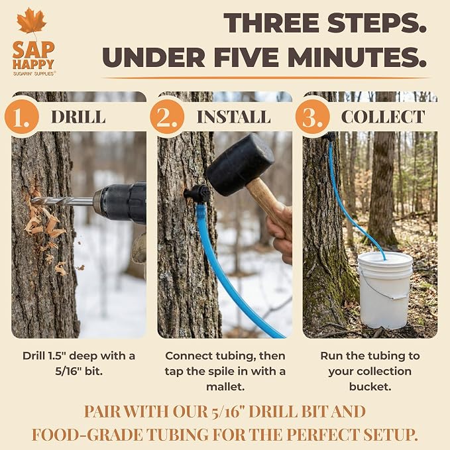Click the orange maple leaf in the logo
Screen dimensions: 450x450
coord(32,21)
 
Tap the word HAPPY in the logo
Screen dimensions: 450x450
coord(33,64)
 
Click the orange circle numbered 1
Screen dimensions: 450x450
coord(22,117)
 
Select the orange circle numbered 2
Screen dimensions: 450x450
coord(167,117)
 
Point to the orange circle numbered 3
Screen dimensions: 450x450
coord(313,117)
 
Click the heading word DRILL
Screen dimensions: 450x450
coord(78,117)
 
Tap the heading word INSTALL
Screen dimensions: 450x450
coord(233,117)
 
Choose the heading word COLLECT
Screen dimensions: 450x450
coord(383,117)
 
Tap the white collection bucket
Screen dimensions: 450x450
coord(385,290)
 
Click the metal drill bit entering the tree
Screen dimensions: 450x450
coord(62,201)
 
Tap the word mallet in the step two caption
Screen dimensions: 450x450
coord(225,387)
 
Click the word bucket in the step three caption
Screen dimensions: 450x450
coord(370,387)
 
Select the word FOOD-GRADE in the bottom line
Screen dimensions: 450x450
coord(87,435)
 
